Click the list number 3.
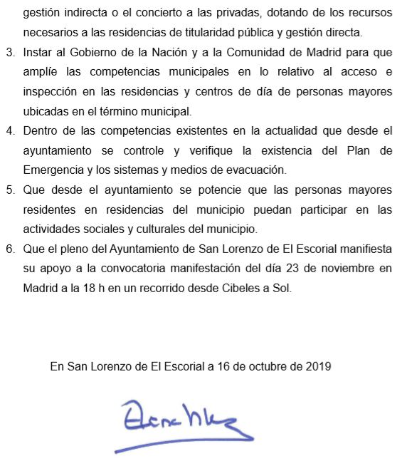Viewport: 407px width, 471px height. point(9,53)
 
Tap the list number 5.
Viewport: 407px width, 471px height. point(9,190)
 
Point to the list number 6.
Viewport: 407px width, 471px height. point(9,249)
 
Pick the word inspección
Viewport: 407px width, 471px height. point(52,92)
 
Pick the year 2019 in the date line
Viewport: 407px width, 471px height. point(318,367)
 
